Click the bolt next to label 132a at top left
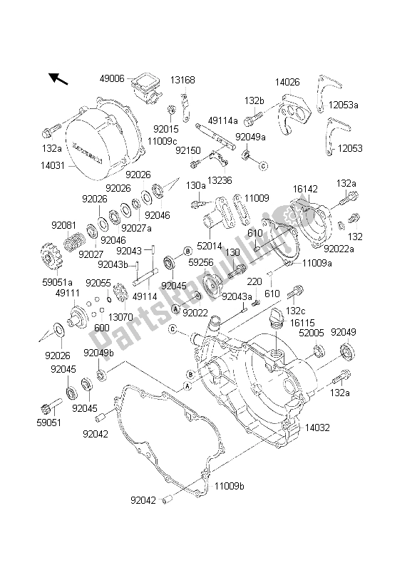click(53, 130)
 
